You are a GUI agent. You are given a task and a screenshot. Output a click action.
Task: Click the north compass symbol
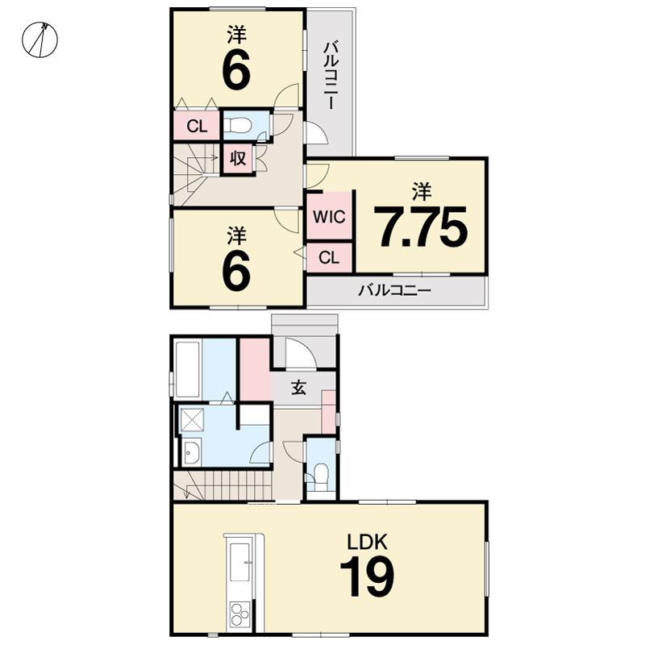(x=40, y=40)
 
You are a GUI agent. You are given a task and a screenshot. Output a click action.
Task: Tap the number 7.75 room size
(x=420, y=227)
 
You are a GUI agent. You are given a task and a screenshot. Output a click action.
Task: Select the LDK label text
(x=368, y=542)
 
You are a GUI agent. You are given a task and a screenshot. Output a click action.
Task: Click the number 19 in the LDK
(x=368, y=576)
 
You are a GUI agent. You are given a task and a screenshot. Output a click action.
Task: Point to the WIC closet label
(x=329, y=217)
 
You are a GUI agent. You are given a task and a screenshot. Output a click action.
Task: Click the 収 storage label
(x=238, y=157)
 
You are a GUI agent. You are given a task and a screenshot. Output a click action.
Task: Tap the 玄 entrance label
(x=298, y=387)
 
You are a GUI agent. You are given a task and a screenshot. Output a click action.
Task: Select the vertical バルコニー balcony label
(x=331, y=75)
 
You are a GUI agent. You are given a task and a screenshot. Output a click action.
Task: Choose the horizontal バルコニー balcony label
(x=394, y=291)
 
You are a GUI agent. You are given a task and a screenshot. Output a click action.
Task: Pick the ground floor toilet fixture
(x=320, y=477)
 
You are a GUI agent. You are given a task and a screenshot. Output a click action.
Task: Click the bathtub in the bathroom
(x=188, y=368)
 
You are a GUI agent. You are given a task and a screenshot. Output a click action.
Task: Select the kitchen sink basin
(x=239, y=562)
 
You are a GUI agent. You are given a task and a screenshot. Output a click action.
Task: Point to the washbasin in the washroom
(x=191, y=451)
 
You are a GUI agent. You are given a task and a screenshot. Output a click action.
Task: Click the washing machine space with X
(x=192, y=420)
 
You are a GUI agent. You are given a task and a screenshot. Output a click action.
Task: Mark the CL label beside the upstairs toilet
(x=197, y=127)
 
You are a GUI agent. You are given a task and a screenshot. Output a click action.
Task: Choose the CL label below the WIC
(x=329, y=258)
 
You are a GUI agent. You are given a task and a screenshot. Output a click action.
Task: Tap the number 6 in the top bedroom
(x=236, y=69)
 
